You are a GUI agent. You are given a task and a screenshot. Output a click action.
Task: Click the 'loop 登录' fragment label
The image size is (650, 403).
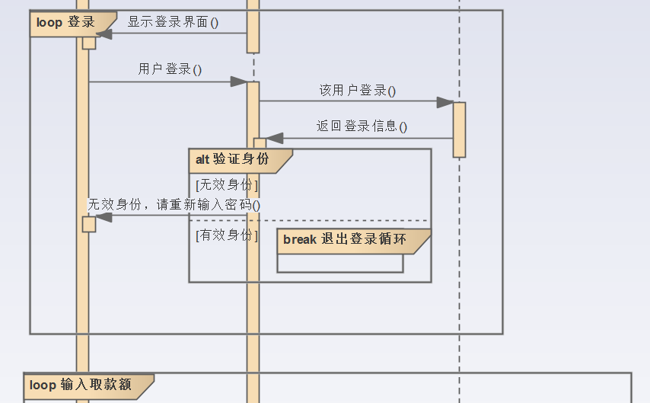click(66, 22)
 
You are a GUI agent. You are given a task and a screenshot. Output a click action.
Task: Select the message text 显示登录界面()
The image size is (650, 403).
click(173, 22)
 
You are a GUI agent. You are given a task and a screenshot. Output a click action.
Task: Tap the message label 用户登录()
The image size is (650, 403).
click(170, 69)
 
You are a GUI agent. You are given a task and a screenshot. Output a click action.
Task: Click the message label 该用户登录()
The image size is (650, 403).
click(357, 91)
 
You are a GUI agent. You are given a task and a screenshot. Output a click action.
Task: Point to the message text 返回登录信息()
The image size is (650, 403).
click(362, 126)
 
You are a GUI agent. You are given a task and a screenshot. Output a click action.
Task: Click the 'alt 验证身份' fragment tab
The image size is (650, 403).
click(233, 159)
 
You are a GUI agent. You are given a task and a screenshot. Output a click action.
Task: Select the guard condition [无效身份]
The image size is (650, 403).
click(227, 184)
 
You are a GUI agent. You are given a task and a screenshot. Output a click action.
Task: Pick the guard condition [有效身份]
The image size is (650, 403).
click(227, 235)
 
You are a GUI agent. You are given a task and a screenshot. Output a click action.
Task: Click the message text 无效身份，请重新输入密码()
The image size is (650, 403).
click(174, 204)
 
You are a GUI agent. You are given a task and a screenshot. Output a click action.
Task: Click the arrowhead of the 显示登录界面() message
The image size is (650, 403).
click(104, 34)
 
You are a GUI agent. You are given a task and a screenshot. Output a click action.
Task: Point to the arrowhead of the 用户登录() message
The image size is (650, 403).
click(239, 82)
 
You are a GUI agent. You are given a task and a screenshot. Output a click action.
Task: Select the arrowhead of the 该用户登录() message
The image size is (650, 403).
click(445, 102)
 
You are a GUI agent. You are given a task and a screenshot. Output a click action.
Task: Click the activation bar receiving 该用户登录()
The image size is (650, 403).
click(459, 130)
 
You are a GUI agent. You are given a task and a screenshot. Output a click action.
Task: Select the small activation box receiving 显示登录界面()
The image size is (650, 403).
click(89, 42)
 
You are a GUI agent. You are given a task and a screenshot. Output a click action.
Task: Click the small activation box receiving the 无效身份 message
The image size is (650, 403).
click(89, 224)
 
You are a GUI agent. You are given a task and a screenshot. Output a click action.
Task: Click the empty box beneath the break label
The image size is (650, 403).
click(339, 264)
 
